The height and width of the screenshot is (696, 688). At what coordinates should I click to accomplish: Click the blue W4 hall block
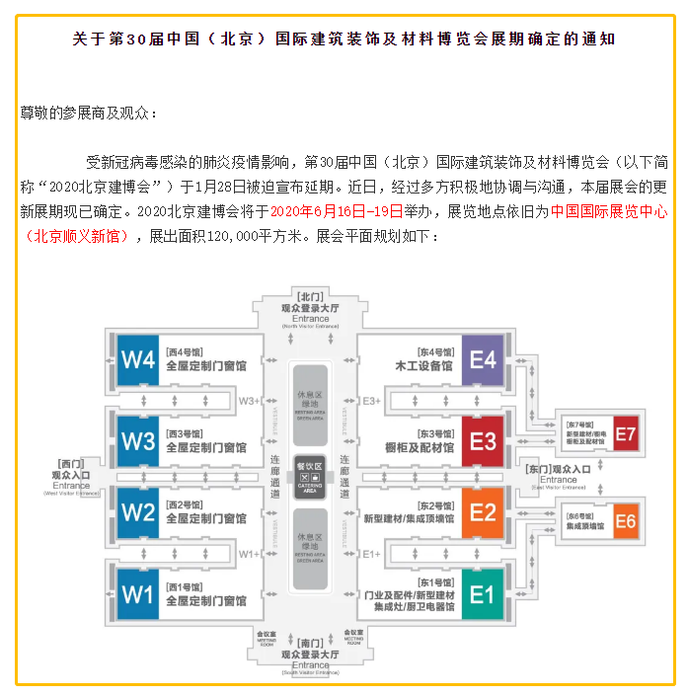click(x=137, y=359)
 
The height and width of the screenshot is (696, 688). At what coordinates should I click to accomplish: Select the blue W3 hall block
click(x=137, y=439)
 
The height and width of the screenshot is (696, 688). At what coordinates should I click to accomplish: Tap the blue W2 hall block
click(x=137, y=512)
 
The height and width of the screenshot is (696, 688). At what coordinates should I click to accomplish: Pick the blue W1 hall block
click(x=137, y=593)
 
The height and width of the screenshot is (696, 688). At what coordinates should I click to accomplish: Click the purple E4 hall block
click(x=483, y=359)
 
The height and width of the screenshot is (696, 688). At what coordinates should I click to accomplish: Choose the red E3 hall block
click(x=483, y=440)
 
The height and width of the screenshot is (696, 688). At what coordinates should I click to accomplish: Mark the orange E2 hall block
click(x=483, y=512)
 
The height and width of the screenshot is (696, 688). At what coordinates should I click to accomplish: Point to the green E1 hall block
click(x=483, y=594)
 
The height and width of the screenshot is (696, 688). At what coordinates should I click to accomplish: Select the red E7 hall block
click(x=626, y=434)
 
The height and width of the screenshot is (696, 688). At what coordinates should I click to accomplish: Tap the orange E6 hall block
click(x=626, y=521)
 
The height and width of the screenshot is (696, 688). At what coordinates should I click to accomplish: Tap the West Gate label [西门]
click(x=72, y=463)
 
